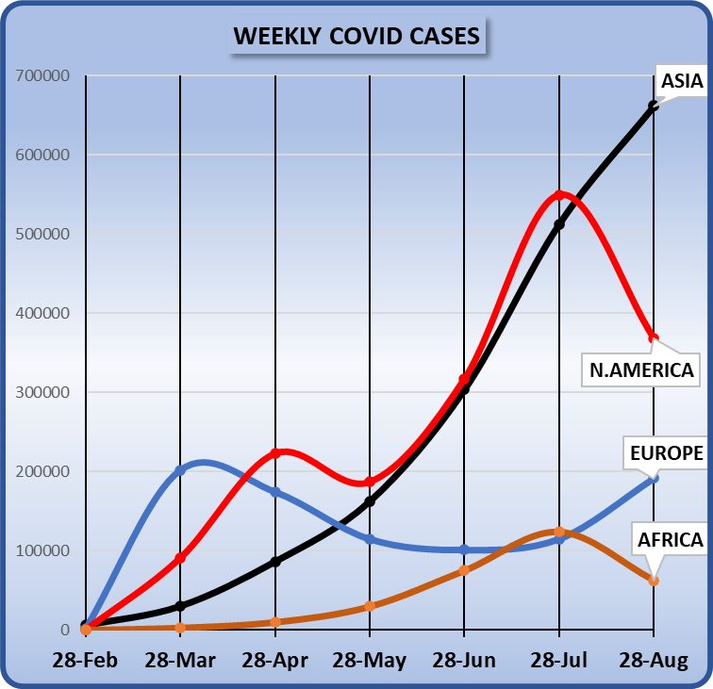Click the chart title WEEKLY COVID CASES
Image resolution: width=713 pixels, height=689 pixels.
click(x=356, y=37)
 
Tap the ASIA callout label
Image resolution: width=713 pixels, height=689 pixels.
click(x=681, y=82)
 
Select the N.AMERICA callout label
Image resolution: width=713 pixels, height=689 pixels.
click(x=641, y=369)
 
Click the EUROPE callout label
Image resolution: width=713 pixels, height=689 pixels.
click(x=666, y=453)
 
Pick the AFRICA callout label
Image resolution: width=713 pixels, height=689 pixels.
click(x=670, y=540)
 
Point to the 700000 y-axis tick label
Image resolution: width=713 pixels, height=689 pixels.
click(x=42, y=75)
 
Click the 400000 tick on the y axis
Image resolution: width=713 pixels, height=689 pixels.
click(x=42, y=313)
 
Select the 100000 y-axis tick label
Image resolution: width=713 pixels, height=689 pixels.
click(x=42, y=550)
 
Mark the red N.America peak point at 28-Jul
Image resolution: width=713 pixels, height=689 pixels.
click(x=559, y=195)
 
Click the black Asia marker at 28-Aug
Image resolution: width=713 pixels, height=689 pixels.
click(x=654, y=106)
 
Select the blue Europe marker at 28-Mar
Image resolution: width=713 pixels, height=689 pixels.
click(x=180, y=470)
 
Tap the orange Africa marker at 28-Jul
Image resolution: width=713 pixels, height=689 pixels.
click(x=559, y=532)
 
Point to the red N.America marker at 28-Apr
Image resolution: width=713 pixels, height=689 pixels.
click(x=275, y=453)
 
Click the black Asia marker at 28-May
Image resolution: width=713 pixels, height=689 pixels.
click(x=370, y=501)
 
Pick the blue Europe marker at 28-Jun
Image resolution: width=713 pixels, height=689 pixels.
click(x=464, y=550)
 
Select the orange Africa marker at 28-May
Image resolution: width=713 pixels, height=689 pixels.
click(x=370, y=606)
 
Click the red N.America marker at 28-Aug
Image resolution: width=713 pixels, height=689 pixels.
click(x=654, y=337)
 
